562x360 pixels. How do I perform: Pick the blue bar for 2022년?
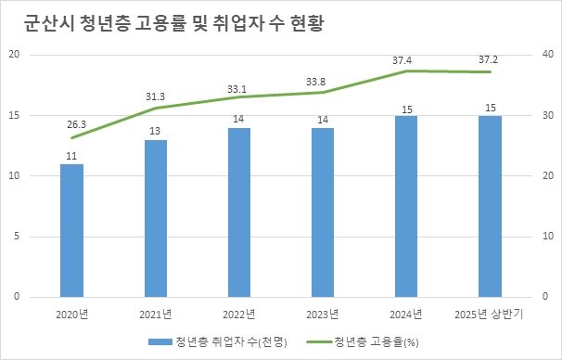point(239,212)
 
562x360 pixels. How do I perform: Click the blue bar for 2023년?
point(323,212)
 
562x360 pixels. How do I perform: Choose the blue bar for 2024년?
point(406,206)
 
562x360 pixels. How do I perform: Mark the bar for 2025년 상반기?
point(490,206)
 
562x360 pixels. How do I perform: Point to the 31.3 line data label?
point(156,96)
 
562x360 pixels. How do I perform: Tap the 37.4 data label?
point(402,60)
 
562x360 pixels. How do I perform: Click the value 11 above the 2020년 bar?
point(71,156)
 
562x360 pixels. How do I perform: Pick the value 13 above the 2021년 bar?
point(156,132)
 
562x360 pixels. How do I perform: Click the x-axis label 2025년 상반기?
point(490,314)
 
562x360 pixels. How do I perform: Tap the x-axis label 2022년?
point(239,314)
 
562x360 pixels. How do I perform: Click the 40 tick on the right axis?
point(545,55)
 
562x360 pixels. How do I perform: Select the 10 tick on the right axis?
point(545,237)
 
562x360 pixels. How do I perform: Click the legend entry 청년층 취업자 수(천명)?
point(217,341)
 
